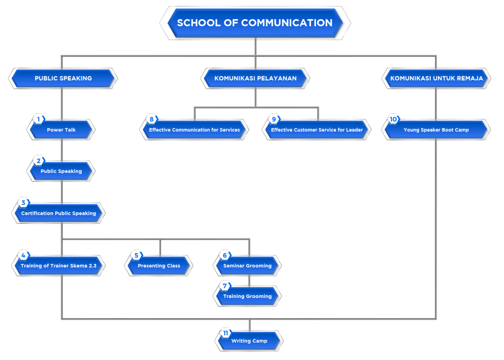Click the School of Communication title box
coord(255,23)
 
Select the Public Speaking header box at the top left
coord(63,78)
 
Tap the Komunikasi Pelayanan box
coord(255,78)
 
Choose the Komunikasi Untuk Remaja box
coord(436,78)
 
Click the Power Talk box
coord(61,130)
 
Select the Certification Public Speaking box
coord(59,214)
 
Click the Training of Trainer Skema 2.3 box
coord(59,266)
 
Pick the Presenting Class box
coord(159,266)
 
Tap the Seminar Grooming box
coord(248,266)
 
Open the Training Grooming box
coord(248,296)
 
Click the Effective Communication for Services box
coord(194,130)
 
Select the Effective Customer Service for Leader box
coord(317,130)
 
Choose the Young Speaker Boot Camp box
coord(436,130)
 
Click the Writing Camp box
coord(250,341)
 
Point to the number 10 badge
coord(393,119)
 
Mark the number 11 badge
coord(225,333)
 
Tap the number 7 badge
coord(225,286)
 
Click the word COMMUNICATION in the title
coord(287,23)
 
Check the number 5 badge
coord(136,255)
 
